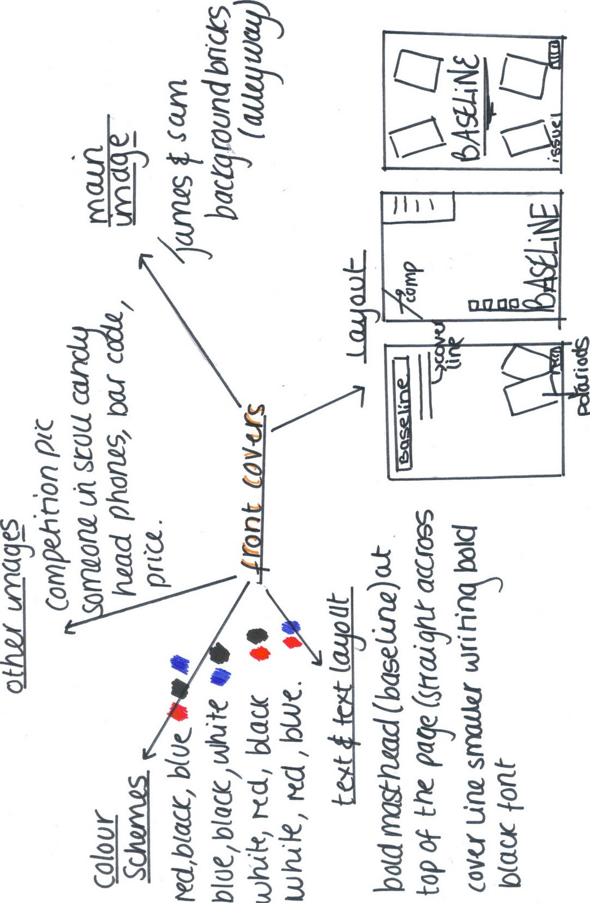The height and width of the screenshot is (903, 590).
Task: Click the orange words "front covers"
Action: (254, 491)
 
